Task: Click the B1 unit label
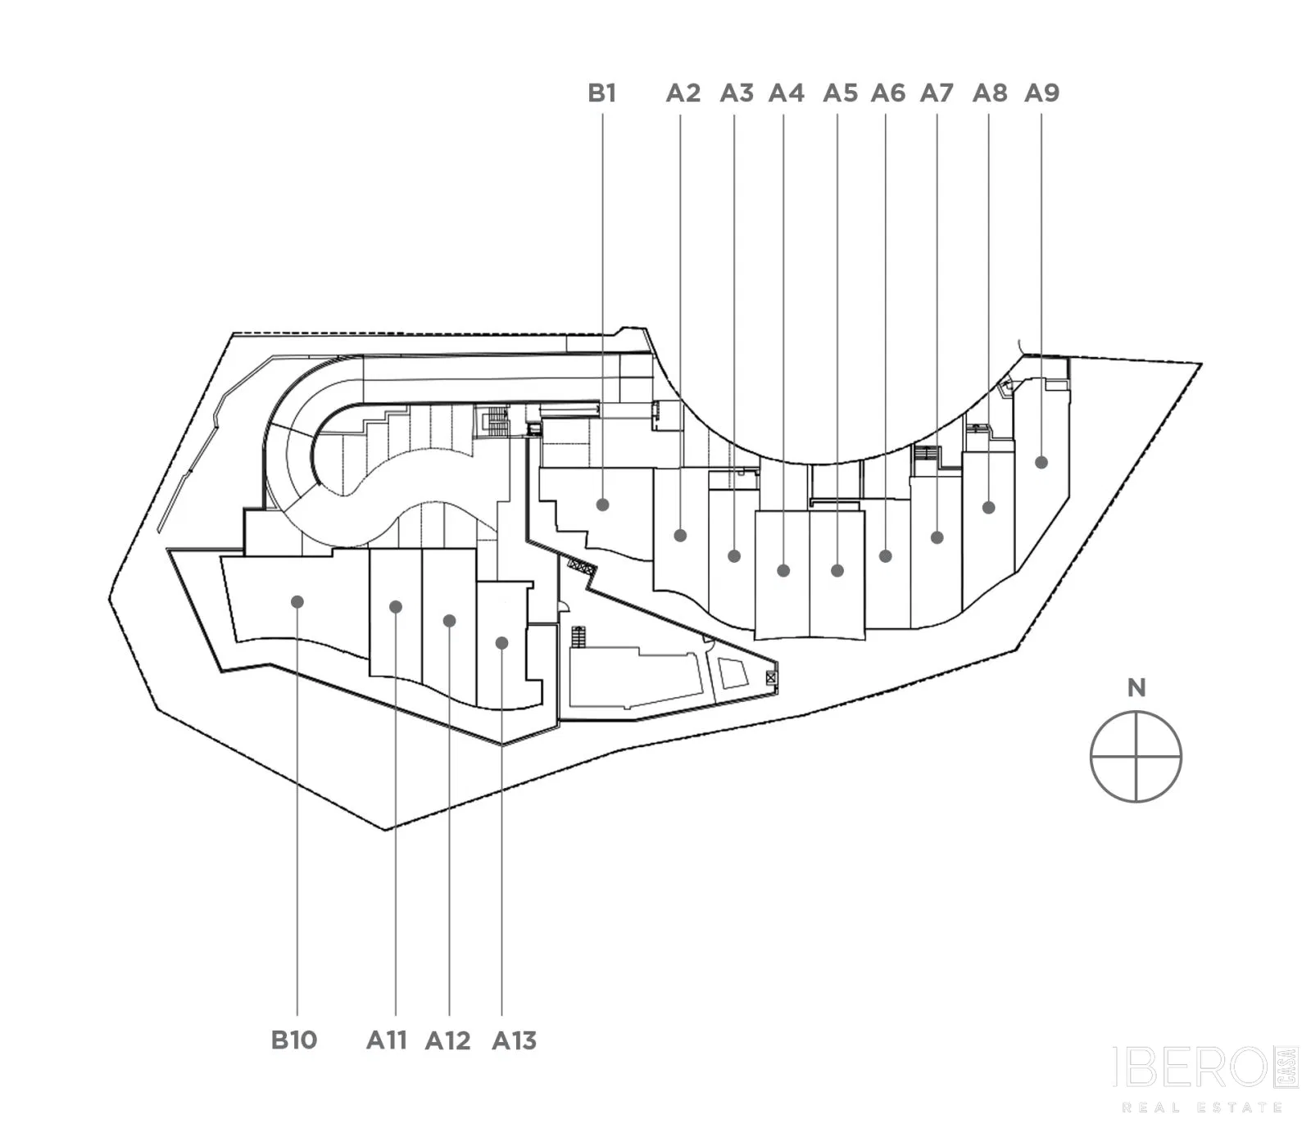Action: point(601,93)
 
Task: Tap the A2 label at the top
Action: point(683,93)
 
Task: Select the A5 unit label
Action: point(841,93)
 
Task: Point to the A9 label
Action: point(1042,93)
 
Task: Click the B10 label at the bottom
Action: point(294,1040)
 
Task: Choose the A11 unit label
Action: point(387,1040)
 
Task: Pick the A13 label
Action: point(515,1040)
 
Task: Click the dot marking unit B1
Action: point(603,505)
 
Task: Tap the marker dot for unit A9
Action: point(1041,462)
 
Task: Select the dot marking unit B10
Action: point(297,602)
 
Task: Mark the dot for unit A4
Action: point(783,570)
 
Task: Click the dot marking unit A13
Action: point(501,643)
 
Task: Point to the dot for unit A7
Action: point(937,537)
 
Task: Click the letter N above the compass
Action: point(1136,688)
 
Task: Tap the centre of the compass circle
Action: point(1136,757)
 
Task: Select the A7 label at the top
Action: point(937,93)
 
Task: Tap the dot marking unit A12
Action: point(449,621)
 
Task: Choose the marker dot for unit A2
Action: point(680,536)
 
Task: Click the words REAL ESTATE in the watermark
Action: point(1202,1108)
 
